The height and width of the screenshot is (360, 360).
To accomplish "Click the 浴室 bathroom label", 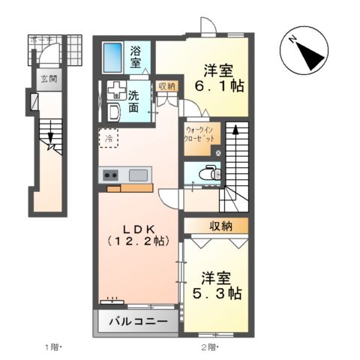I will coord(135,57).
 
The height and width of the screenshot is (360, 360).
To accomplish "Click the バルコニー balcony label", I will coord(135,321).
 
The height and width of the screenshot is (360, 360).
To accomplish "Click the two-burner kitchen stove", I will coord(110,176).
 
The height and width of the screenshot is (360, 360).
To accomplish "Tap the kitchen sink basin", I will coord(137,175).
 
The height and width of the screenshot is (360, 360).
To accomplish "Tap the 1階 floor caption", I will coord(52,347).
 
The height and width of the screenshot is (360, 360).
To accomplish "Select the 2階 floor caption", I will coord(209,347).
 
